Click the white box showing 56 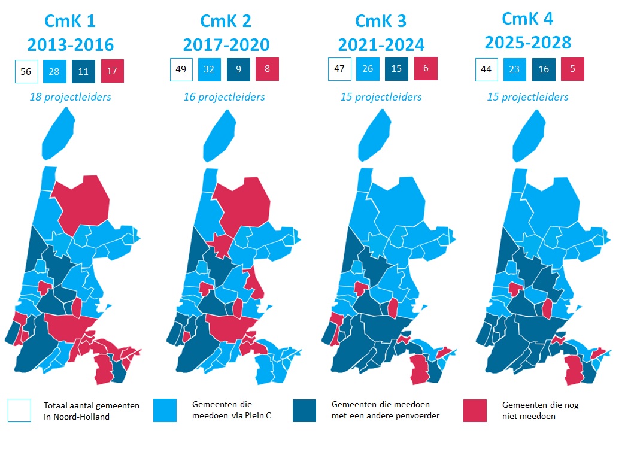pos(26,71)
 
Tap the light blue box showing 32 pos(210,69)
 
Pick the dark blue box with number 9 pos(238,69)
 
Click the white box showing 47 pos(339,69)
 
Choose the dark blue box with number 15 pos(397,69)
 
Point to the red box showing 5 pos(572,69)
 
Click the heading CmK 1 pos(69,21)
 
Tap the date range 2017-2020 pos(226,44)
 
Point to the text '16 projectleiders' pos(224,97)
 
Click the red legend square pos(475,410)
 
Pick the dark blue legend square pos(305,410)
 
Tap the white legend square pos(20,411)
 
